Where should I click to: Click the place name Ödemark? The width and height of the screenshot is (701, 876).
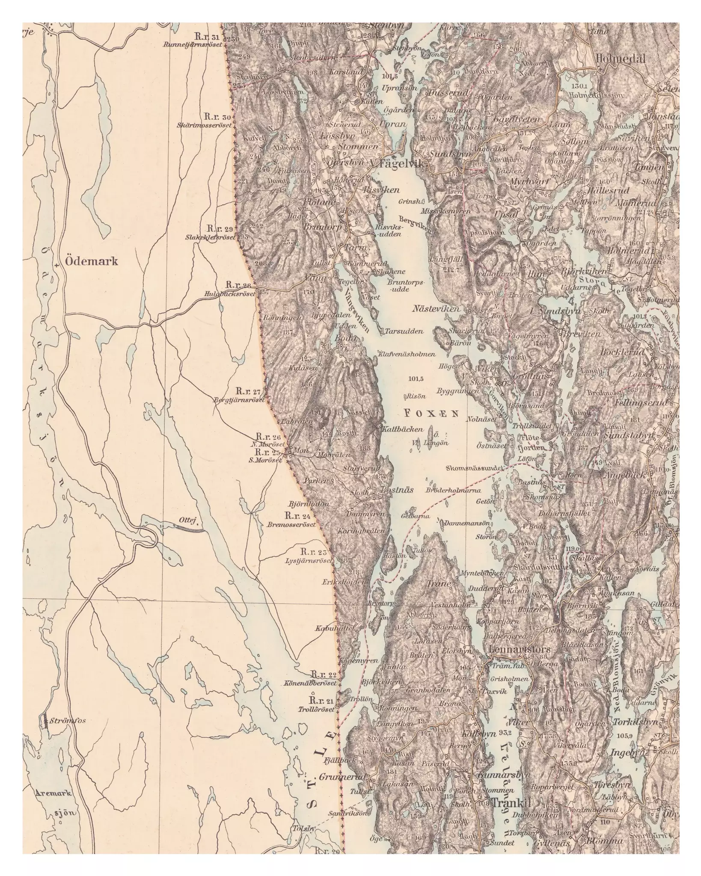tap(92, 261)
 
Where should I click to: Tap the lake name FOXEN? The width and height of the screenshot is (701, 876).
tap(431, 413)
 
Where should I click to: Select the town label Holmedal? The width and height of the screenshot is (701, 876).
tap(619, 59)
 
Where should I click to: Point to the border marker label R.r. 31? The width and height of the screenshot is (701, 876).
tap(206, 36)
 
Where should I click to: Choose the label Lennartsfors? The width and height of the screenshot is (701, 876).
tap(519, 649)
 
